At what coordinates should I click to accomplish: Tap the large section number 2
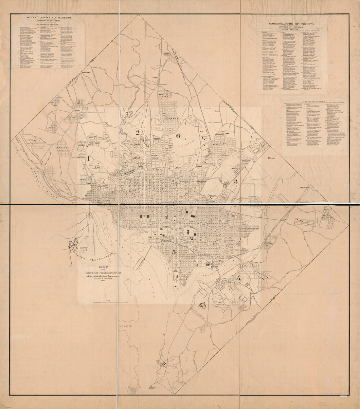coord(138,132)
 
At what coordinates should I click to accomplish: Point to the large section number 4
coord(238,279)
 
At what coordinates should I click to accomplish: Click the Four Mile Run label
coord(125,326)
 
